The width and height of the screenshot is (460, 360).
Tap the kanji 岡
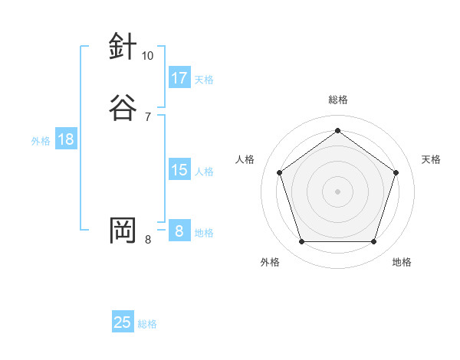point(123,230)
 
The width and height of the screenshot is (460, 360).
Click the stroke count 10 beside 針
point(148,56)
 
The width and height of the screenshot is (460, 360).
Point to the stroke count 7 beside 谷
point(148,116)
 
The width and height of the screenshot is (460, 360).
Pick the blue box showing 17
point(179,78)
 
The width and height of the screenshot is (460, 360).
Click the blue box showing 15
point(179,170)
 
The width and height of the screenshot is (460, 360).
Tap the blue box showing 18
point(65,139)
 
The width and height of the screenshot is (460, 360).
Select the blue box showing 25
point(123,322)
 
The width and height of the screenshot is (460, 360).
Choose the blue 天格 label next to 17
point(204,80)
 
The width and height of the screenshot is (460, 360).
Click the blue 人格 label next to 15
point(204,172)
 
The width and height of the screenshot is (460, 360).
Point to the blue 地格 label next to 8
point(204,233)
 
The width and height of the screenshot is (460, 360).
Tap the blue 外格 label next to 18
point(41,141)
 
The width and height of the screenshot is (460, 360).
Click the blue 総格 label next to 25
point(147,324)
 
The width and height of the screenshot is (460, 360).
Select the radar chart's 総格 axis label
point(337,100)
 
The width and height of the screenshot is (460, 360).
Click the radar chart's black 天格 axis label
point(431,159)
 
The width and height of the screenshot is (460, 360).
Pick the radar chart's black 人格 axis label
point(245,159)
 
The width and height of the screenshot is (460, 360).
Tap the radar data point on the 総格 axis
point(337,129)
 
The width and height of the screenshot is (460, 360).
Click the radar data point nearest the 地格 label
point(373,242)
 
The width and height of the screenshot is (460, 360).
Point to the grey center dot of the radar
point(337,191)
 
